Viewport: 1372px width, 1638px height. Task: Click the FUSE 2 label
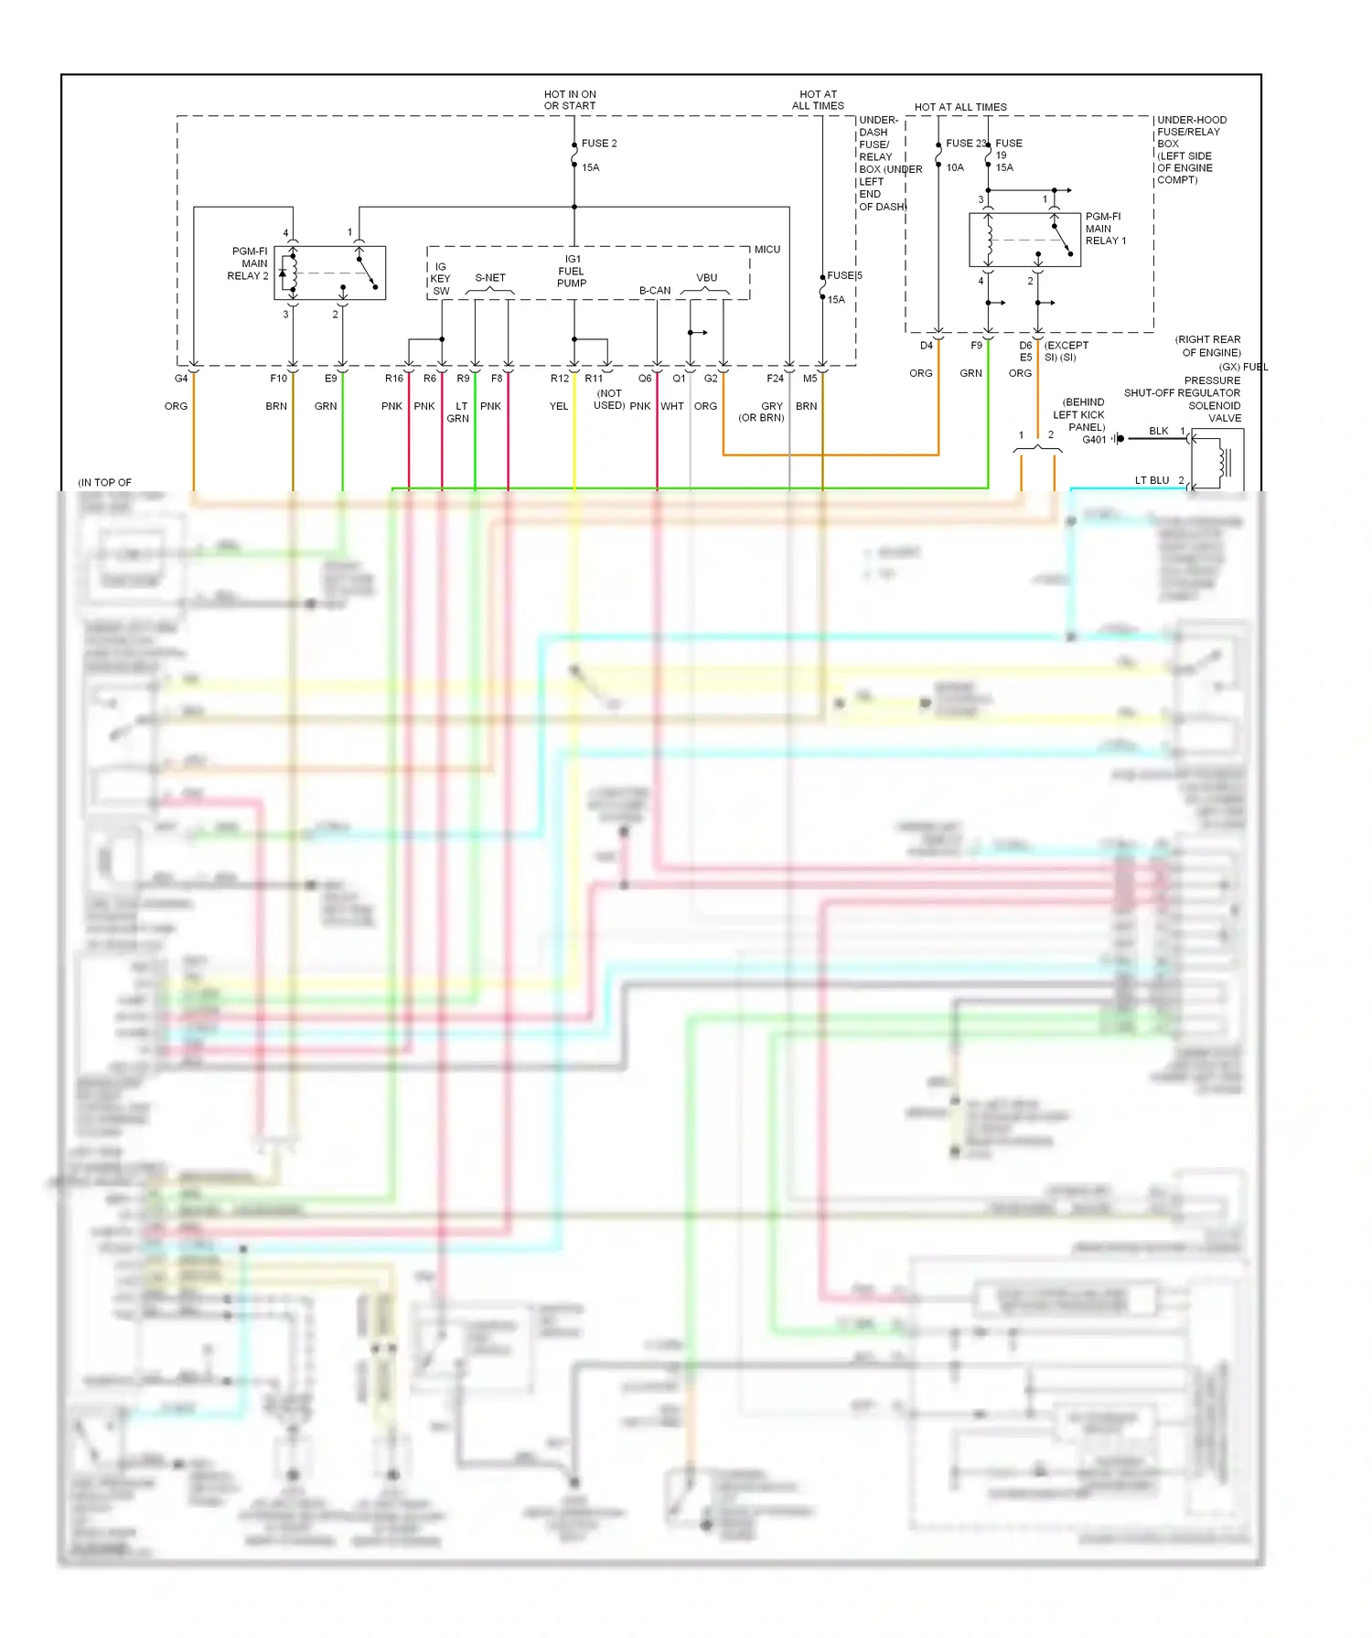coord(599,144)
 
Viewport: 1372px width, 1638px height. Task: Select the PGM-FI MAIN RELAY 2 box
coord(329,273)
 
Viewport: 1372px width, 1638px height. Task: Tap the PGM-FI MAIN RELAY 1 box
coord(1024,241)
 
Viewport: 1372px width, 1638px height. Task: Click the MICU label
coord(767,250)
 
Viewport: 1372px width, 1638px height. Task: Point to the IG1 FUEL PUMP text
coord(572,272)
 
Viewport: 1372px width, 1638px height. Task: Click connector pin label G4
coord(181,379)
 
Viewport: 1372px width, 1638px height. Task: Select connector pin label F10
coord(278,379)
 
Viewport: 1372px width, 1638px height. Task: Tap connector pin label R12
coord(559,379)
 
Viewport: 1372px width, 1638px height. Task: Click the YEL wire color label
coord(559,407)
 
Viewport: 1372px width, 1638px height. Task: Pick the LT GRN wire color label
coord(458,412)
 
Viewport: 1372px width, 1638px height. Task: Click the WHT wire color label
coord(672,407)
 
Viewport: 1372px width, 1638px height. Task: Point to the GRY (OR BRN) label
coord(762,412)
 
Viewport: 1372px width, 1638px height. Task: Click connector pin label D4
coord(927,346)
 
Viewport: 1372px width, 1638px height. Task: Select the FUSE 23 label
coord(966,144)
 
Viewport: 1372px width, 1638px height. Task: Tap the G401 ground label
coord(1094,440)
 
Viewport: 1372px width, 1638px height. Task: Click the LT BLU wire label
coord(1152,481)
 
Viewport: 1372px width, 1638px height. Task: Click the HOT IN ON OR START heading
coord(570,100)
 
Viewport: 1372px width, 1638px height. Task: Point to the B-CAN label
coord(655,291)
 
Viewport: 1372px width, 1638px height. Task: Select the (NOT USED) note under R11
coord(609,400)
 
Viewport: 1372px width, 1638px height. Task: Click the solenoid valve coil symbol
coord(1218,462)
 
